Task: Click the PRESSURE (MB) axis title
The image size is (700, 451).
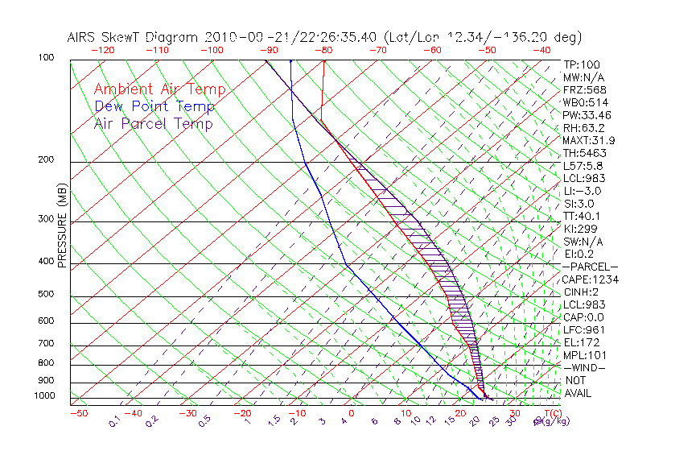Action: tap(62, 228)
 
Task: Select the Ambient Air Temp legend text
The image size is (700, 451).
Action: tap(159, 90)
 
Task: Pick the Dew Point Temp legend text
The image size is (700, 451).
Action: tap(154, 107)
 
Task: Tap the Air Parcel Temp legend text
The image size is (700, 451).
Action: tap(153, 124)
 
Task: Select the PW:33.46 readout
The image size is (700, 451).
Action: tap(587, 116)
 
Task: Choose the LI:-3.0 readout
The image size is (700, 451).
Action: tap(581, 191)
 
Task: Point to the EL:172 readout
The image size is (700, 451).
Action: tap(579, 342)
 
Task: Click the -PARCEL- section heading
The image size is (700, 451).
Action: tap(590, 267)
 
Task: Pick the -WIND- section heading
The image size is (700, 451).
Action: tap(584, 367)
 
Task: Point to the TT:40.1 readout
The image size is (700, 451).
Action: tap(582, 216)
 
